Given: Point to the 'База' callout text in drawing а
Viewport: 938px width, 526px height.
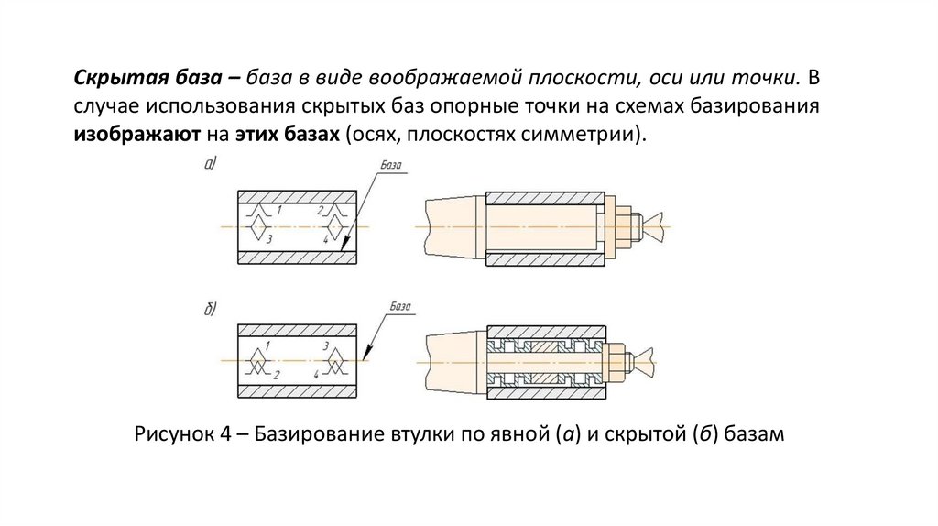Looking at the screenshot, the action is coord(390,166).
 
